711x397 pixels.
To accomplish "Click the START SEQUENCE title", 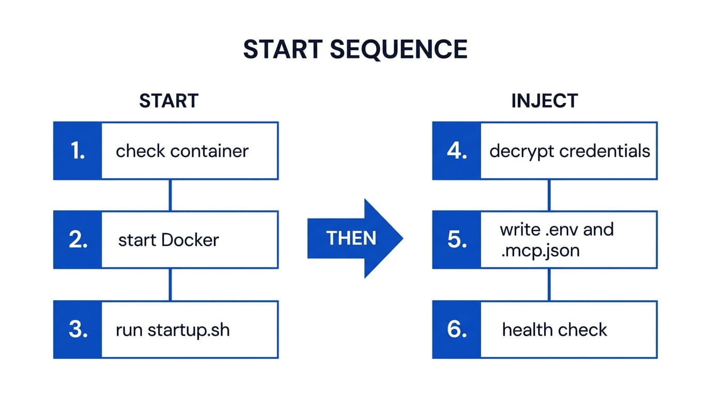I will (355, 50).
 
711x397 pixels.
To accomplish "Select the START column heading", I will (168, 101).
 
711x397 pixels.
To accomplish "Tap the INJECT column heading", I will (544, 101).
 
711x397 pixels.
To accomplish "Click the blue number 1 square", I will (78, 151).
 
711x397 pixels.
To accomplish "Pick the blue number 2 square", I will (78, 240).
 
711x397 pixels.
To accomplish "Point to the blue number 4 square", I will (457, 151).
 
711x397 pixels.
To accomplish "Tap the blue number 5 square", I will (457, 240).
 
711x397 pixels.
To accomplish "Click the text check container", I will (182, 151).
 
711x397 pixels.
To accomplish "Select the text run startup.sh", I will (173, 330).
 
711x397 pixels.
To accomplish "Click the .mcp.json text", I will (539, 251).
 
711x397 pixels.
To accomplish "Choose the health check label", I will (554, 330).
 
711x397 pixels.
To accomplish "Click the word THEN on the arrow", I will (351, 238).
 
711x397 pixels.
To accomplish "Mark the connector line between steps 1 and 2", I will (170, 195).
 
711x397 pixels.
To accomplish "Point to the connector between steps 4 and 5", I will (549, 195).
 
